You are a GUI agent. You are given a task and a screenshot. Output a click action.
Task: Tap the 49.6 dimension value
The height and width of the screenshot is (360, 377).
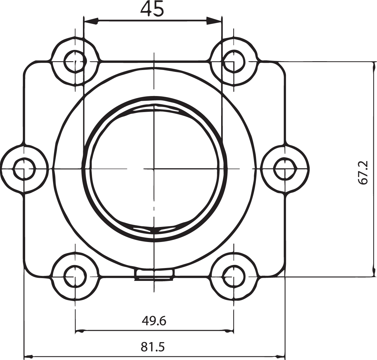click(154, 321)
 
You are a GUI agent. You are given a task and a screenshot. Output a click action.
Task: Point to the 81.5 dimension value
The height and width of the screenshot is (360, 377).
click(153, 347)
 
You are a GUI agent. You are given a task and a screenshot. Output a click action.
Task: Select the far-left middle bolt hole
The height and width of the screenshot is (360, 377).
click(24, 169)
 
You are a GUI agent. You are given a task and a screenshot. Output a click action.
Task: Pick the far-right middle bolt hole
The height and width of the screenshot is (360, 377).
click(285, 169)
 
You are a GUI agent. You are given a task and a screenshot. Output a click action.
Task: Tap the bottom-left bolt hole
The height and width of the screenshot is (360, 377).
click(75, 277)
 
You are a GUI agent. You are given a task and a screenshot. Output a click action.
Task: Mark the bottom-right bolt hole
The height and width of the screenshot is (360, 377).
click(233, 277)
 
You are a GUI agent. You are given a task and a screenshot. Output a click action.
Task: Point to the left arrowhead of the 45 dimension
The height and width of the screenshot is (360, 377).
click(91, 22)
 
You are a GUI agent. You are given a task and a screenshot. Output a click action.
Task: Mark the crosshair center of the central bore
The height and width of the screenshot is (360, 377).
click(154, 169)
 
